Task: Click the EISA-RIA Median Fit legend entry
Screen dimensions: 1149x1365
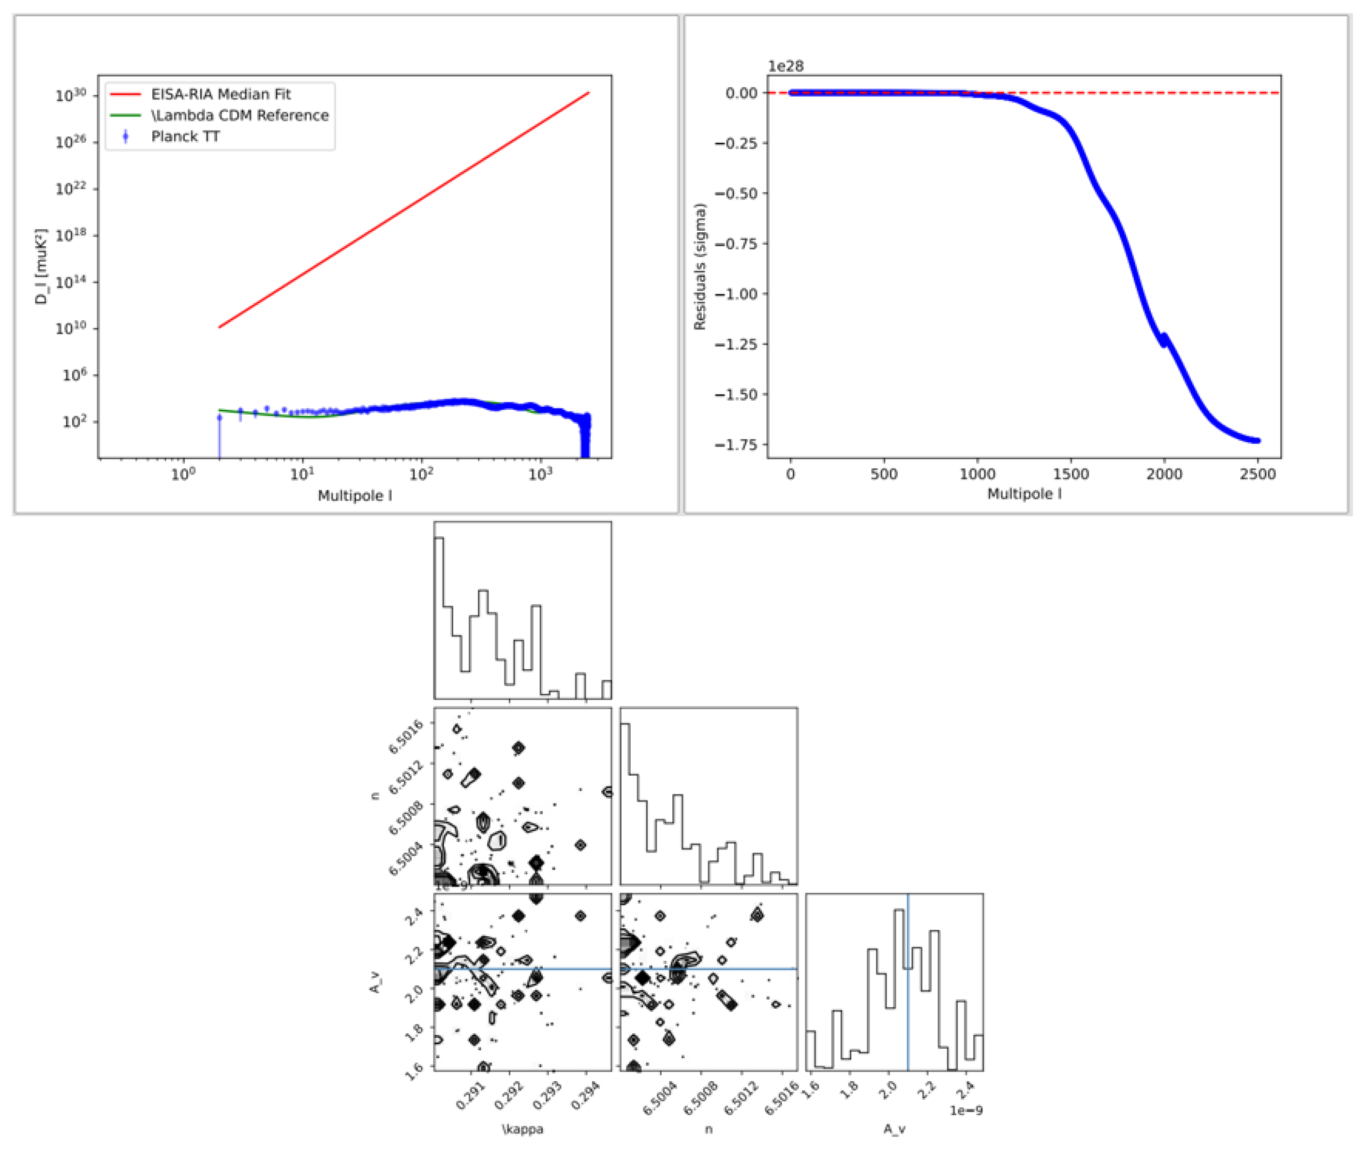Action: (220, 94)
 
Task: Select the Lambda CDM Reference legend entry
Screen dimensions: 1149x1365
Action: (239, 115)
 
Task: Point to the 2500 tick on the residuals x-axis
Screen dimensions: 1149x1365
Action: (1257, 474)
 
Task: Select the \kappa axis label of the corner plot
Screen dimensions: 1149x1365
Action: (522, 1129)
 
